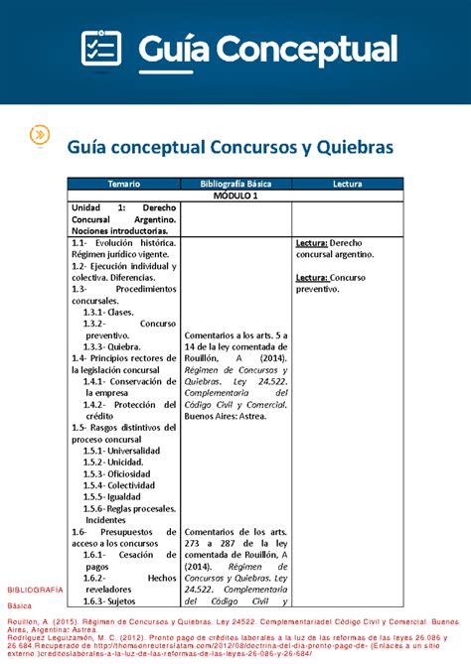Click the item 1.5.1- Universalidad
[121, 450]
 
